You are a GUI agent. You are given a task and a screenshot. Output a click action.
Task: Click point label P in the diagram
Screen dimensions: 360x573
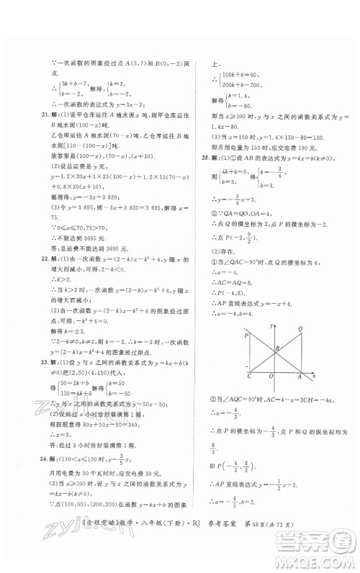tap(247, 335)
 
